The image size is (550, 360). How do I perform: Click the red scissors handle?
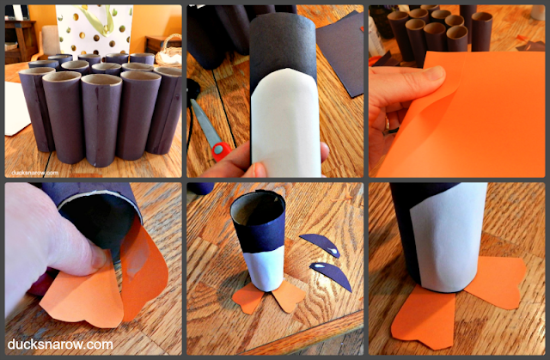point(221,150)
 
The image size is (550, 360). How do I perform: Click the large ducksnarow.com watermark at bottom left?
point(60,345)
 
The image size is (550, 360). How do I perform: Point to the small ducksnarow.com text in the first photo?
point(34,173)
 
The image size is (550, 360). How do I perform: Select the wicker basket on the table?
point(170,52)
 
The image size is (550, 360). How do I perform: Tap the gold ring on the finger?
point(388,124)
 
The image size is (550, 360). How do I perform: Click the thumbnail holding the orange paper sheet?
point(434,73)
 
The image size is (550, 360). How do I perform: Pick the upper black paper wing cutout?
point(320,244)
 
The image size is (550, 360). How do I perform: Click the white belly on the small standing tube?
point(264,268)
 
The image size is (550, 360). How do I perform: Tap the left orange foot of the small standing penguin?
point(247,297)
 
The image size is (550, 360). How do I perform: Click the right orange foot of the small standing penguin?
point(289,296)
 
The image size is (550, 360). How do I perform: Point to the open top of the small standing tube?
point(258,208)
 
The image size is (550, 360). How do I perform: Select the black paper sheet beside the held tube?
point(340,52)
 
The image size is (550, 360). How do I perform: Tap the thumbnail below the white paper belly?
point(260,169)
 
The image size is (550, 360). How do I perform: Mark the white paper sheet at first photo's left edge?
point(15,108)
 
